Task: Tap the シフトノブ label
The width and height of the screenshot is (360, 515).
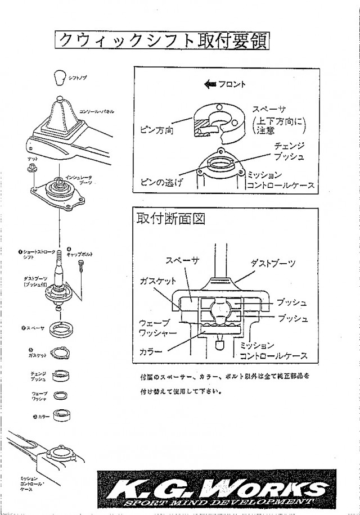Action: (78, 79)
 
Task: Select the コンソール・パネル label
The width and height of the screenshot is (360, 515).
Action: (96, 112)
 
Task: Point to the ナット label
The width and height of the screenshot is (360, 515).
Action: (33, 160)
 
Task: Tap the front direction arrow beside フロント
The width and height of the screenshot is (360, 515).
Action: (210, 84)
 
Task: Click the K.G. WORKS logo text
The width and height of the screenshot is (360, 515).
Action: (216, 487)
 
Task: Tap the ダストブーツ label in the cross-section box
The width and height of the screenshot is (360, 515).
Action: (273, 263)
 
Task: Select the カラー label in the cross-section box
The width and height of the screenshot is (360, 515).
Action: (151, 351)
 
